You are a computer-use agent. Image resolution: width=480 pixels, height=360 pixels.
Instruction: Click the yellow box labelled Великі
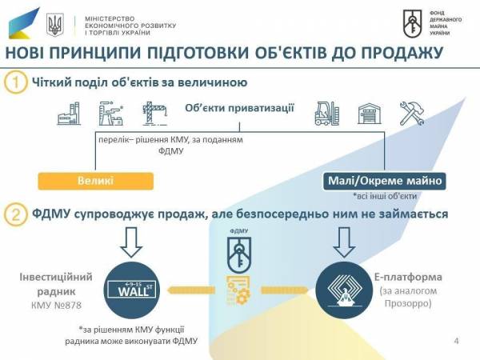[x=95, y=181]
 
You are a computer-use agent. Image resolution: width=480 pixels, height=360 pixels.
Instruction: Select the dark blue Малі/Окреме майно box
[x=385, y=181]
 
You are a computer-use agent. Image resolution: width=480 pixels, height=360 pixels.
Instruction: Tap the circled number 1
[x=16, y=82]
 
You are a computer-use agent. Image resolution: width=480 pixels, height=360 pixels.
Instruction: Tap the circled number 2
[x=15, y=214]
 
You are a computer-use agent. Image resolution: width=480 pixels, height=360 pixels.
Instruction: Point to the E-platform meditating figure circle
[x=344, y=291]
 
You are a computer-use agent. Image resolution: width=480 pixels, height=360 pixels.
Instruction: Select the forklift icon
[x=327, y=114]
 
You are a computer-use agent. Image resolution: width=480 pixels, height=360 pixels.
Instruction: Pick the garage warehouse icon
[x=370, y=114]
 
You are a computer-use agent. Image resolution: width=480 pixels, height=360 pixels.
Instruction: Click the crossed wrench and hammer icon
[x=412, y=114]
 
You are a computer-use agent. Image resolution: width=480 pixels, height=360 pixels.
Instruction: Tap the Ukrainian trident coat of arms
[x=55, y=25]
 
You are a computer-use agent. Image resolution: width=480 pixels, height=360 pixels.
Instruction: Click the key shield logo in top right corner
[x=412, y=23]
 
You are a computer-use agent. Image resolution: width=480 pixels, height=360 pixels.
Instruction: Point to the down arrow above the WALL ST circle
[x=131, y=242]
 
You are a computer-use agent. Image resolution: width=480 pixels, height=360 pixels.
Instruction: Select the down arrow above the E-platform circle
[x=344, y=242]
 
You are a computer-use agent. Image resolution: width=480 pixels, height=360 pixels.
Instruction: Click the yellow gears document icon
[x=238, y=290]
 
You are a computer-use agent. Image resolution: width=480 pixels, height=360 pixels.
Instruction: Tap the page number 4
[x=457, y=341]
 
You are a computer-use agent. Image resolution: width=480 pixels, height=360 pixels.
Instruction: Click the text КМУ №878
[x=56, y=306]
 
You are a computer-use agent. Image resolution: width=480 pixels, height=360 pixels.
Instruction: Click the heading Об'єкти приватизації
[x=239, y=108]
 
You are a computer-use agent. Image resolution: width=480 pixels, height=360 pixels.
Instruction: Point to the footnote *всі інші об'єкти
[x=385, y=196]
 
